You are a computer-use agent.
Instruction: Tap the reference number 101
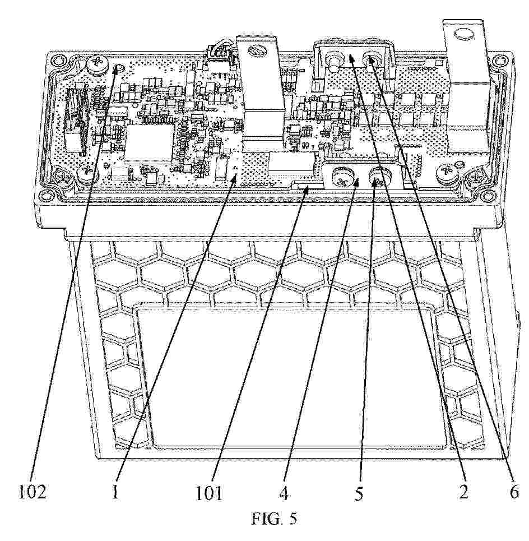(x=210, y=493)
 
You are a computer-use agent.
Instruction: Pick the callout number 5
(x=359, y=494)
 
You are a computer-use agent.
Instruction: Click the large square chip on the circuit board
(x=149, y=142)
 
